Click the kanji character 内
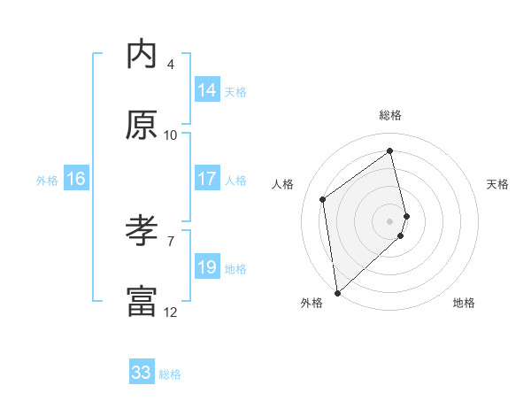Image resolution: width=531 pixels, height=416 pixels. (142, 55)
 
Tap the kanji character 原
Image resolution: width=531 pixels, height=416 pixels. (142, 126)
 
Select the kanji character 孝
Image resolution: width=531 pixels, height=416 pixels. (142, 232)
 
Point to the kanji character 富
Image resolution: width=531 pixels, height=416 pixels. (142, 302)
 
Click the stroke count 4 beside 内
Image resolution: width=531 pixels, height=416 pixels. (170, 65)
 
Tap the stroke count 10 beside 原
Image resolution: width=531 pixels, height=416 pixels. (171, 135)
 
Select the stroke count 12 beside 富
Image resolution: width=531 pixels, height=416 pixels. (171, 312)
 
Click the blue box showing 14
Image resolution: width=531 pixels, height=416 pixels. (207, 90)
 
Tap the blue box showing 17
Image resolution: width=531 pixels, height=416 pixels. (207, 179)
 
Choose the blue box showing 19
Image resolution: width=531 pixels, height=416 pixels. (207, 267)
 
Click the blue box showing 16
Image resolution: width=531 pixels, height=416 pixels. (76, 179)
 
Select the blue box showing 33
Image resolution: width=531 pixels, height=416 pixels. (142, 373)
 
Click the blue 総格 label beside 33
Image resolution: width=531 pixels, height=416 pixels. (170, 374)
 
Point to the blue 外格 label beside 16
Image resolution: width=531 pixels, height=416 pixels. (47, 181)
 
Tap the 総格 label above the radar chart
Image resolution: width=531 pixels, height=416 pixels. (390, 115)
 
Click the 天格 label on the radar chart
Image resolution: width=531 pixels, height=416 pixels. (497, 184)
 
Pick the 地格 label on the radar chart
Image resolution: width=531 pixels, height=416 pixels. (464, 304)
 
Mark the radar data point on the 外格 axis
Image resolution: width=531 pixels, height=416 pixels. (336, 292)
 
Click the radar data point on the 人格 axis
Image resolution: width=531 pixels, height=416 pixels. (323, 199)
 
